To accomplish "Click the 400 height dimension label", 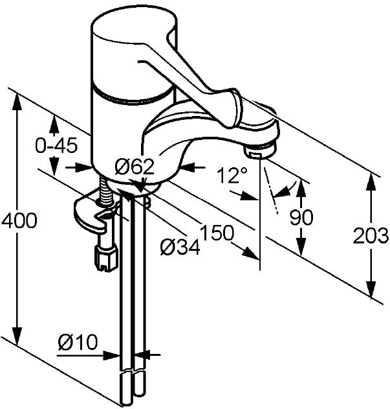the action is (19, 220).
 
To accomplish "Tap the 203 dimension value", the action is (371, 235).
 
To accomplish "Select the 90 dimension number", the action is (301, 217).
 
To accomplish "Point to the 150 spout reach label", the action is (217, 233).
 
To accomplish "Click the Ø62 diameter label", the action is (135, 167).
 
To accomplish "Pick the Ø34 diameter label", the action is (180, 247).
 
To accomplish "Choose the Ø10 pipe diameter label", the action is (78, 342).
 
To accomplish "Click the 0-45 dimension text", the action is (56, 145).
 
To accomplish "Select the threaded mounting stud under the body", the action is (105, 190).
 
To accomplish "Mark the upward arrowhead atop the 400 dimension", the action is (17, 102).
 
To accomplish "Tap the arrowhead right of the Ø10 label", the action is (113, 355).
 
